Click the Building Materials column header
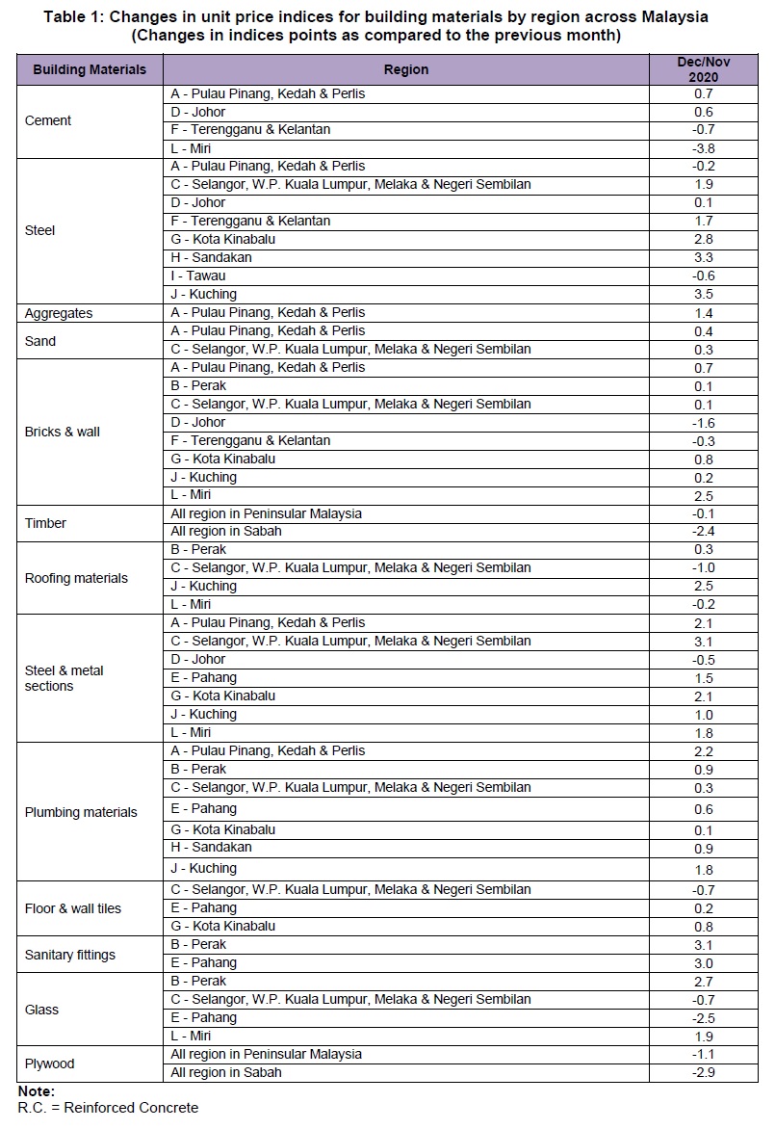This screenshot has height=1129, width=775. [x=90, y=69]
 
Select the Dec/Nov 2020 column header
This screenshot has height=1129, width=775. [x=703, y=69]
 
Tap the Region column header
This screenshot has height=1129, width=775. [x=406, y=69]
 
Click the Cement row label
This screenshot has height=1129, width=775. [x=48, y=120]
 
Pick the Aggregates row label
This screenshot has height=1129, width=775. [x=59, y=313]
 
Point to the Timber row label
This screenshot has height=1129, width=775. [x=45, y=523]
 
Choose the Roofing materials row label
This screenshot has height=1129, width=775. [x=76, y=578]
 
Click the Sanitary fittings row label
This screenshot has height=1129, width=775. [x=69, y=955]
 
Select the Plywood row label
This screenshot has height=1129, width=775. [x=49, y=1063]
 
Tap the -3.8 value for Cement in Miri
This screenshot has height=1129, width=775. [x=703, y=149]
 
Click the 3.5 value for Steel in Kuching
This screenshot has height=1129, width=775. [x=703, y=295]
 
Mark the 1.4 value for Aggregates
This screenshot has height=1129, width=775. [x=703, y=313]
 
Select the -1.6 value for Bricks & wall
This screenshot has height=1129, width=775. [x=703, y=423]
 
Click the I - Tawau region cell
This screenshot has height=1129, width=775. [x=198, y=276]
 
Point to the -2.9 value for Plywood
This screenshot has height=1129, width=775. [x=703, y=1073]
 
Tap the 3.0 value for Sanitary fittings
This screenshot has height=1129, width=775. [x=703, y=963]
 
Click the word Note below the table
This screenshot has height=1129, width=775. [x=36, y=1091]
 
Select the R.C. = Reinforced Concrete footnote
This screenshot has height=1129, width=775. [x=108, y=1108]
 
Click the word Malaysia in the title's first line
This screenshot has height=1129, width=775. [x=664, y=17]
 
